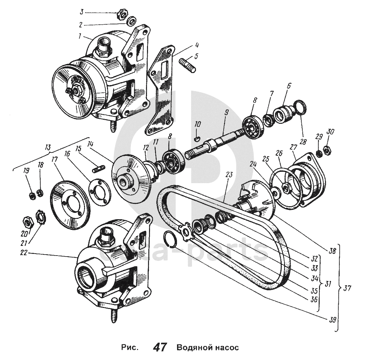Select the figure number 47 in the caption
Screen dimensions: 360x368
(160, 347)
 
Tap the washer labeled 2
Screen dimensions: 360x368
(132, 21)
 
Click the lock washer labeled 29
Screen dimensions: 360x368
(319, 153)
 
